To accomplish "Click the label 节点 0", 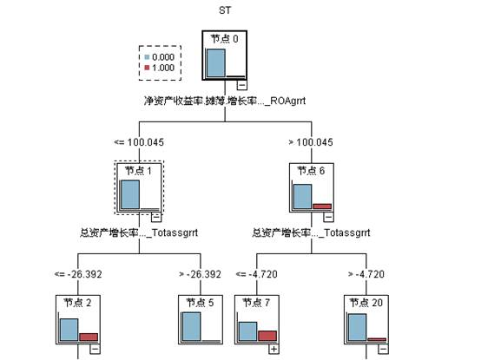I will click(x=226, y=38).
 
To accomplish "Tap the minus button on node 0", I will click(x=242, y=84).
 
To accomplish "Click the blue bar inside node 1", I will click(x=130, y=195).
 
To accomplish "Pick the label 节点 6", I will click(x=312, y=171).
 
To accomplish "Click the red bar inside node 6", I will click(x=322, y=206).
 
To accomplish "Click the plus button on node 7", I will click(x=273, y=349).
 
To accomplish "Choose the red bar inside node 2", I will click(x=89, y=337).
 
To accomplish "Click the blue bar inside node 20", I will click(x=356, y=327).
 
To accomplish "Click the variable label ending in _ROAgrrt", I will click(x=226, y=101).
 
